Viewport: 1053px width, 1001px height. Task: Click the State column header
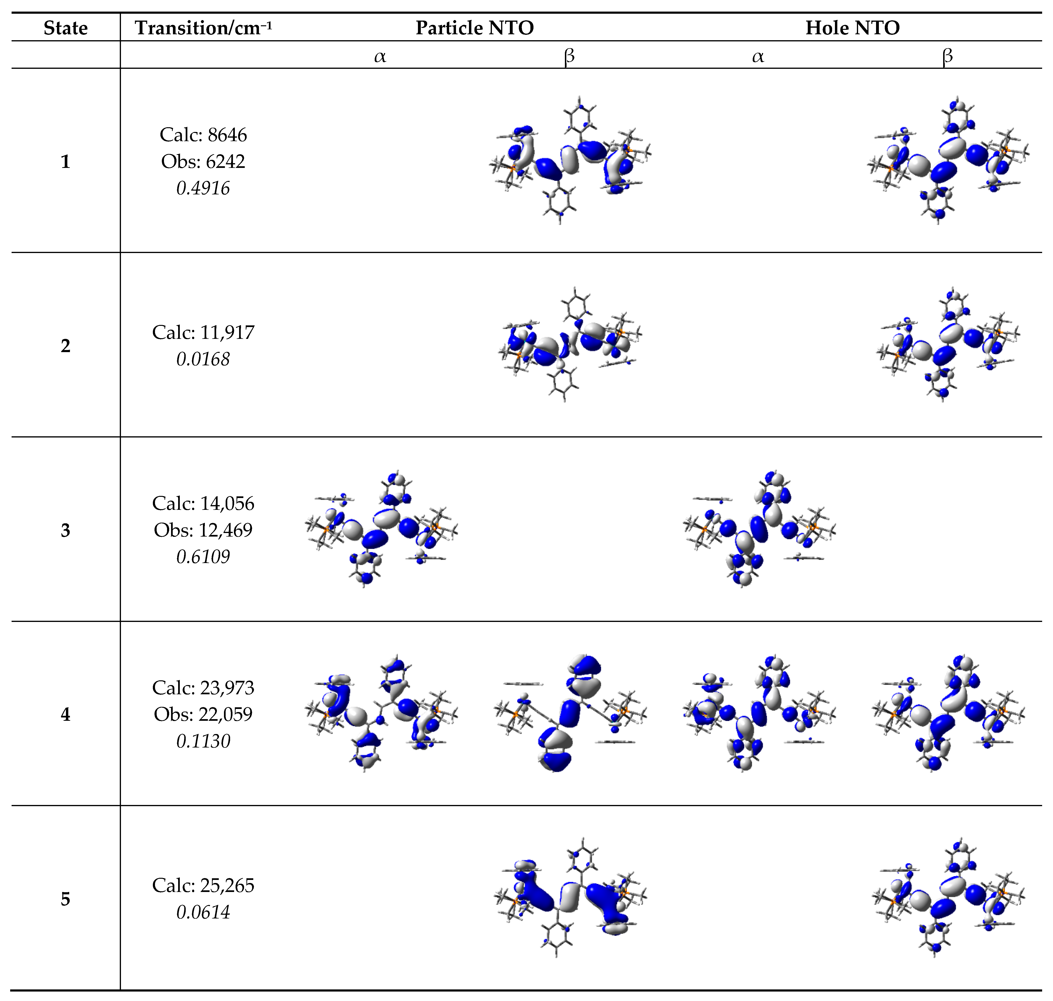pyautogui.click(x=66, y=28)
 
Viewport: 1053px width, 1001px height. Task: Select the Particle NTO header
pyautogui.click(x=474, y=28)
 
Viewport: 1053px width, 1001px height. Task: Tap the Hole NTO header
pyautogui.click(x=852, y=28)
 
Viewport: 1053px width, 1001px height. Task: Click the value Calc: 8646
pyautogui.click(x=203, y=135)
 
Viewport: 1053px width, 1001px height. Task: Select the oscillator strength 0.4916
pyautogui.click(x=203, y=188)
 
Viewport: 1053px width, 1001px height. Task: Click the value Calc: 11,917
pyautogui.click(x=203, y=332)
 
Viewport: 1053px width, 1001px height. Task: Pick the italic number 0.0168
pyautogui.click(x=203, y=359)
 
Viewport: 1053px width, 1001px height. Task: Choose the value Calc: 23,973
pyautogui.click(x=203, y=688)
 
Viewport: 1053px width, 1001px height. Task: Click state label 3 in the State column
pyautogui.click(x=66, y=530)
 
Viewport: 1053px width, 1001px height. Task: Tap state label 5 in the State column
pyautogui.click(x=66, y=899)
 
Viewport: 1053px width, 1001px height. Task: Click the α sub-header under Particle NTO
pyautogui.click(x=380, y=56)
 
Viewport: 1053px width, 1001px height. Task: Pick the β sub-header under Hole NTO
pyautogui.click(x=947, y=56)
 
